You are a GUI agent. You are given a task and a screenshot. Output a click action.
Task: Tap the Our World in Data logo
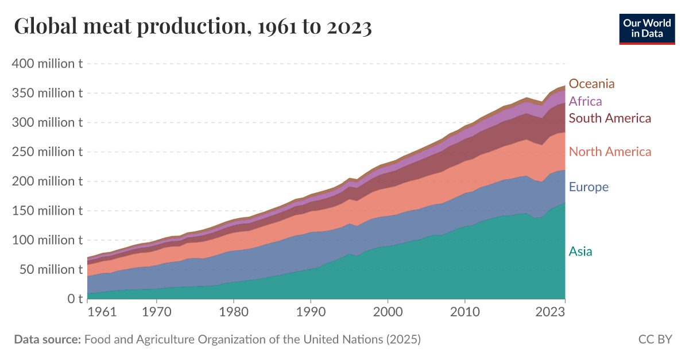(x=647, y=28)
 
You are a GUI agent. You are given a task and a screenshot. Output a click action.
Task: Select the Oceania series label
(x=591, y=84)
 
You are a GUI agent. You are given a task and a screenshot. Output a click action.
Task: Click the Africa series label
(x=585, y=102)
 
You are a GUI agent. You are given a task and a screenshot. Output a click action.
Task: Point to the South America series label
(x=610, y=118)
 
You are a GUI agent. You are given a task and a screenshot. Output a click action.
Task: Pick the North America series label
(x=610, y=152)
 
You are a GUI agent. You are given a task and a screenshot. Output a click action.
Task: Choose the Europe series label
(x=589, y=187)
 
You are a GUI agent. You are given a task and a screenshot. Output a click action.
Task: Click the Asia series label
(x=580, y=251)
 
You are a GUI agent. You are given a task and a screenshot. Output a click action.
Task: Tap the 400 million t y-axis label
(x=47, y=64)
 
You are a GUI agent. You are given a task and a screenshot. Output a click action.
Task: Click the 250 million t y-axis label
(x=47, y=152)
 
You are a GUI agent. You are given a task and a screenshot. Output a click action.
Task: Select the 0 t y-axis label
(x=75, y=299)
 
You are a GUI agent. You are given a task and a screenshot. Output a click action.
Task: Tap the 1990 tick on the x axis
(x=311, y=313)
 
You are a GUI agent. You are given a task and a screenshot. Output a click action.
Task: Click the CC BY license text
(x=655, y=339)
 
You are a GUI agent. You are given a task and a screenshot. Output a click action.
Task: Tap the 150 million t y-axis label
(x=47, y=211)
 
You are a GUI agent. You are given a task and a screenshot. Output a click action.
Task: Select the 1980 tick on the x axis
(x=234, y=313)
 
